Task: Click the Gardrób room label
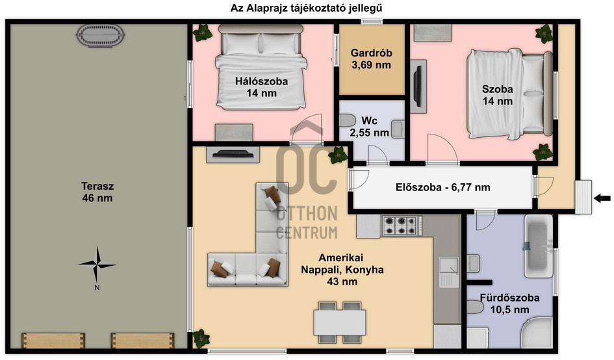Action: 371,58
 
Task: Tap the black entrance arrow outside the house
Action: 602,198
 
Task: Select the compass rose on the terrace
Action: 97,265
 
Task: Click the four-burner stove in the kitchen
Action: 402,225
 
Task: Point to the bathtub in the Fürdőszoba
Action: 539,246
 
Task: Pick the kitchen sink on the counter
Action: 449,272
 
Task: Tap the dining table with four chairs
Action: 340,322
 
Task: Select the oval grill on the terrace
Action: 100,36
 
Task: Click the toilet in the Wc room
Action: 347,120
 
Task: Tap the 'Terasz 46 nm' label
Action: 97,192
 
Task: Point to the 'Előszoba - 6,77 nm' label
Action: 443,187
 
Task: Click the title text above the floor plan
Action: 306,8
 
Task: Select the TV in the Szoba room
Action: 418,86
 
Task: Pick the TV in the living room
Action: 233,155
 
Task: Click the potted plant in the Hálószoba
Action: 203,33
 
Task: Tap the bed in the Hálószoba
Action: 261,67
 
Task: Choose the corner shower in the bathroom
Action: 537,333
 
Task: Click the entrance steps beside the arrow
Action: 583,197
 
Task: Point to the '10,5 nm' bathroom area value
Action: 510,310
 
